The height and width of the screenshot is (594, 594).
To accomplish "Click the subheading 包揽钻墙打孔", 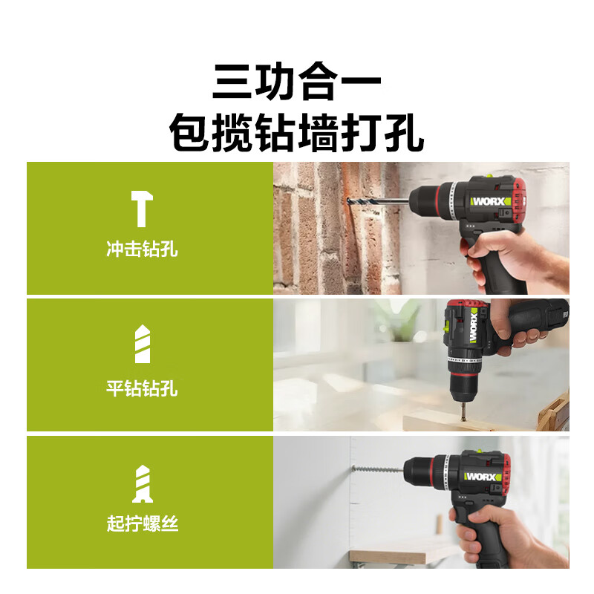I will (297, 134).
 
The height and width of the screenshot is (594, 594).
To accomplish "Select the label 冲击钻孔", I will (142, 249).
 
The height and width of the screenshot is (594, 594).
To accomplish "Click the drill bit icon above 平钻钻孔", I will (142, 344).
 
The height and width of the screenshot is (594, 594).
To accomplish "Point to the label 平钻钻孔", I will (142, 388).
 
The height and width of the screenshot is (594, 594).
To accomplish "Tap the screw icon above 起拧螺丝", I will (142, 483).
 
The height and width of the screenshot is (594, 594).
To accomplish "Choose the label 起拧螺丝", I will (142, 525).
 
